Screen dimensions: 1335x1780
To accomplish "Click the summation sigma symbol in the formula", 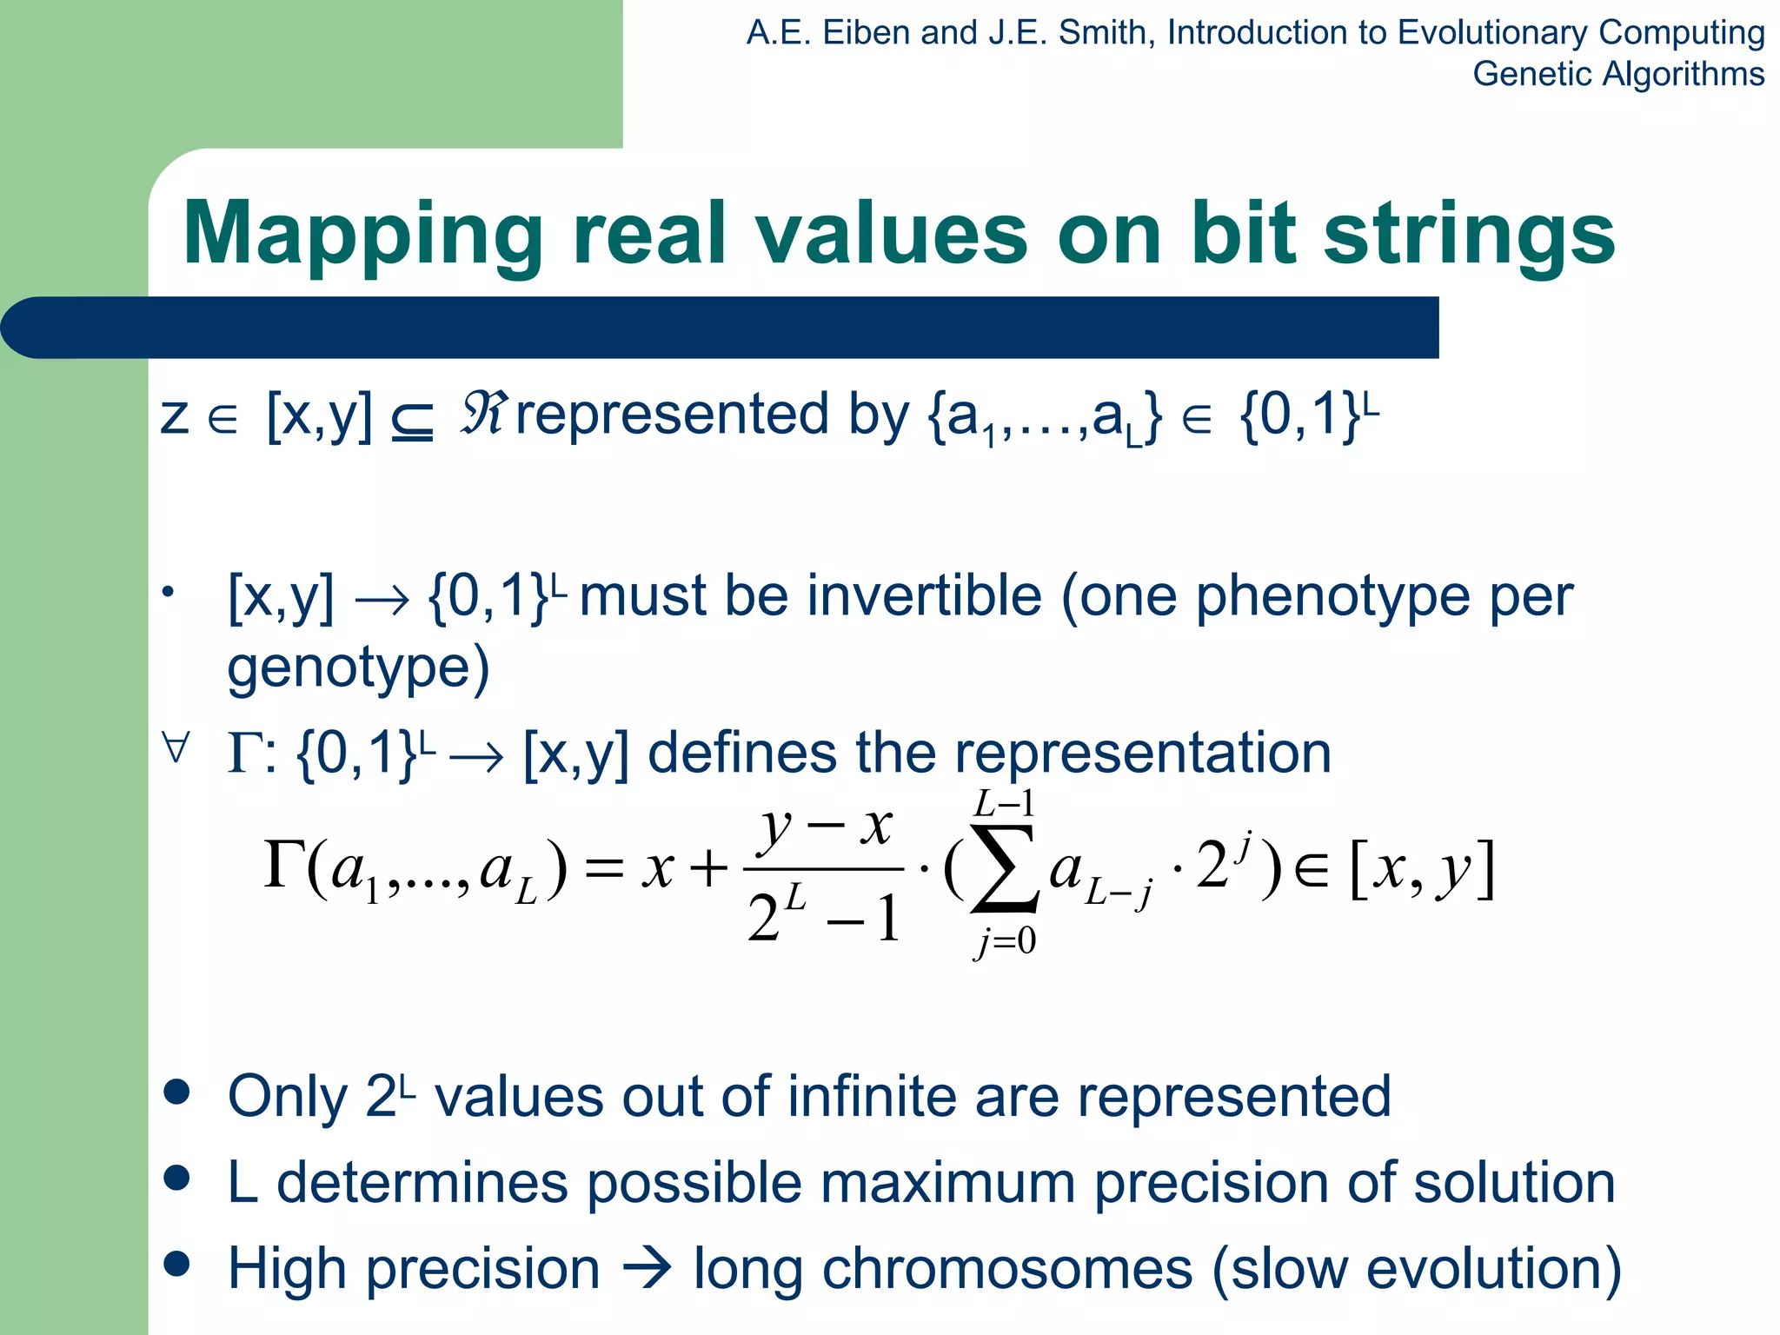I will click(1004, 868).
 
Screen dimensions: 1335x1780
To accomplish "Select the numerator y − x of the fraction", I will click(825, 826).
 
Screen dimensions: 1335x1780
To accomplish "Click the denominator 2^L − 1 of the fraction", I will click(822, 918).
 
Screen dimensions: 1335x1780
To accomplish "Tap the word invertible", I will click(898, 596).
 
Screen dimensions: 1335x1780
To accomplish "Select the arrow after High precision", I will click(648, 1268).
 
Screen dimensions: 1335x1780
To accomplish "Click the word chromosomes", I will click(1007, 1268).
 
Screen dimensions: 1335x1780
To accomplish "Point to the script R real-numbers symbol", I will click(482, 414).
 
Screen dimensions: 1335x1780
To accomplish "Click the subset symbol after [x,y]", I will click(412, 422).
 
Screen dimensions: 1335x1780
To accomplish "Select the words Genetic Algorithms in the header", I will click(1617, 74).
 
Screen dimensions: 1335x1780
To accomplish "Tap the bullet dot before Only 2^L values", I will click(176, 1093).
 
